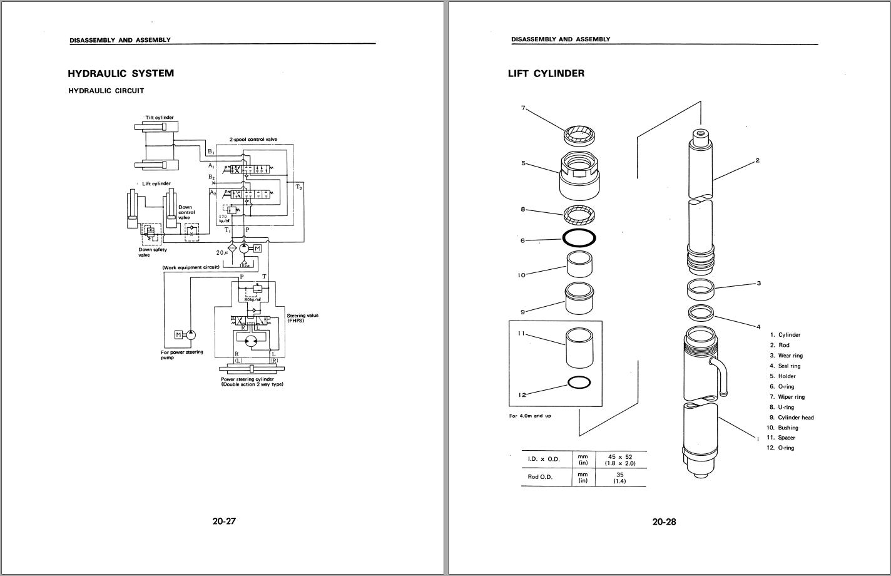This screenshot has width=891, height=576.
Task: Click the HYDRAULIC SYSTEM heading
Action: coord(121,73)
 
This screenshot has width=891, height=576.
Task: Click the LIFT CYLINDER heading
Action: coord(546,73)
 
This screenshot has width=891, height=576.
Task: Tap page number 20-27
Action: coord(224,521)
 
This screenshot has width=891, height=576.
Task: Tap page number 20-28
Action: coord(664,521)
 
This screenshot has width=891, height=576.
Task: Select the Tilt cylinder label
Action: coord(160,117)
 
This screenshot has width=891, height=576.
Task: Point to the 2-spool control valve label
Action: coord(253,139)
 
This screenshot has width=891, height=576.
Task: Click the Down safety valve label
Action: coord(153,252)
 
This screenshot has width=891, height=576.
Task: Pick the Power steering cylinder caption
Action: coord(252,381)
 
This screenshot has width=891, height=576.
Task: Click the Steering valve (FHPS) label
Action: coord(302,317)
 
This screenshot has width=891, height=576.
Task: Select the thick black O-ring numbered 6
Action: coord(579,238)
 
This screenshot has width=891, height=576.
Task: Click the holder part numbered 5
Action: coord(579,175)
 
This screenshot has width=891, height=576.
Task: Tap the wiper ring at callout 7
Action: coord(579,134)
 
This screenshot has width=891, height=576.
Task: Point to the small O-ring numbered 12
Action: coord(579,383)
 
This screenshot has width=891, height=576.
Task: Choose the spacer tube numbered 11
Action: coord(579,349)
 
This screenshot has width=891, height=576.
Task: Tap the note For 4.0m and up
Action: coord(530,416)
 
